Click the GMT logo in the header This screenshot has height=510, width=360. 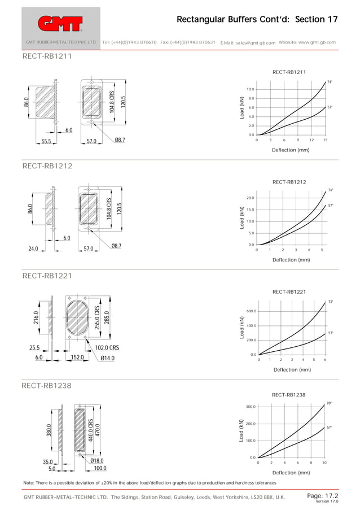60,23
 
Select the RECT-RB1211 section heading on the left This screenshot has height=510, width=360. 47,56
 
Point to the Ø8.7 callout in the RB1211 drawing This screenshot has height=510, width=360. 120,140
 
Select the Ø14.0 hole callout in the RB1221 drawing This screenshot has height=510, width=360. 108,358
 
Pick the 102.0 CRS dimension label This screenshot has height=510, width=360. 107,348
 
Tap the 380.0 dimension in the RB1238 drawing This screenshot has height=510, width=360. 49,430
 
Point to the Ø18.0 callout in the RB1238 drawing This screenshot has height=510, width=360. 97,461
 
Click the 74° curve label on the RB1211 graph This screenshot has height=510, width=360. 330,82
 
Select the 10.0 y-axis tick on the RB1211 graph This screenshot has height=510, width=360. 250,89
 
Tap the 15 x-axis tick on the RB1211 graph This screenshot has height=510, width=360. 325,140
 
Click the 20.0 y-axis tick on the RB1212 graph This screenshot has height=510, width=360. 250,198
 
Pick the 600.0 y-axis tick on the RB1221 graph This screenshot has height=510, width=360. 251,311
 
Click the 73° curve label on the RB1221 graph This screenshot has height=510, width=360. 331,302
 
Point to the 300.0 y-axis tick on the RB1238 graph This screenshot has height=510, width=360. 251,407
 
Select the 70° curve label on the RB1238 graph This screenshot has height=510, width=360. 329,403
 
